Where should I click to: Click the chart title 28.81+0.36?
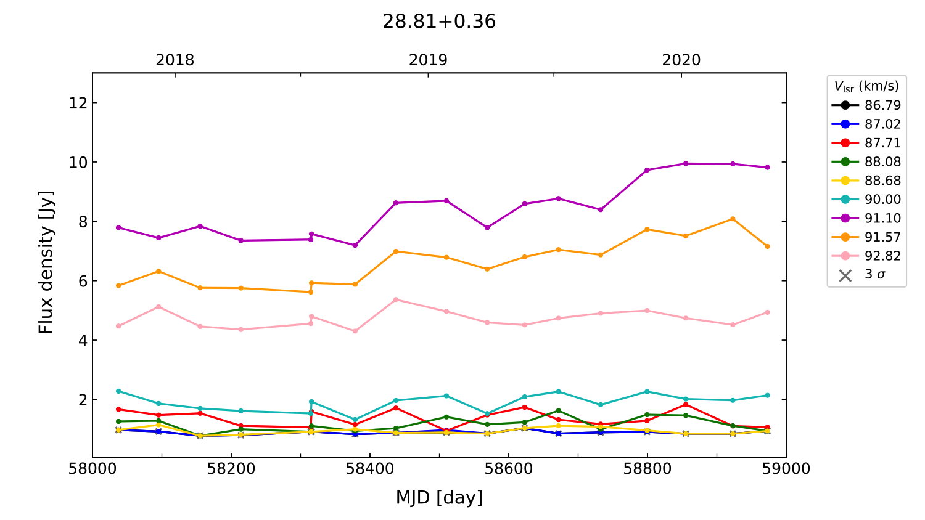(x=439, y=22)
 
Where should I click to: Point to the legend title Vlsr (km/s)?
(x=866, y=86)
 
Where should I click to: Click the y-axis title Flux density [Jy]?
(x=46, y=262)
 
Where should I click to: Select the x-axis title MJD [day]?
(x=439, y=497)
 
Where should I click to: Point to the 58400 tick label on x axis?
(x=370, y=469)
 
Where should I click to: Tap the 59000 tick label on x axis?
(x=786, y=469)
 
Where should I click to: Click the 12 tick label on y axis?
(x=78, y=103)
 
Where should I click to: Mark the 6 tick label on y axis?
(x=83, y=281)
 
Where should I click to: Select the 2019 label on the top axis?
(x=428, y=60)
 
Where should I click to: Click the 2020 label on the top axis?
(x=681, y=60)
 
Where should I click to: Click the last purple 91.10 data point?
(x=767, y=167)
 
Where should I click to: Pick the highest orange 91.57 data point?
(x=733, y=219)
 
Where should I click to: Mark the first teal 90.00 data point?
(x=118, y=391)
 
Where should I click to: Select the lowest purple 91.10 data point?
(x=355, y=245)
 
